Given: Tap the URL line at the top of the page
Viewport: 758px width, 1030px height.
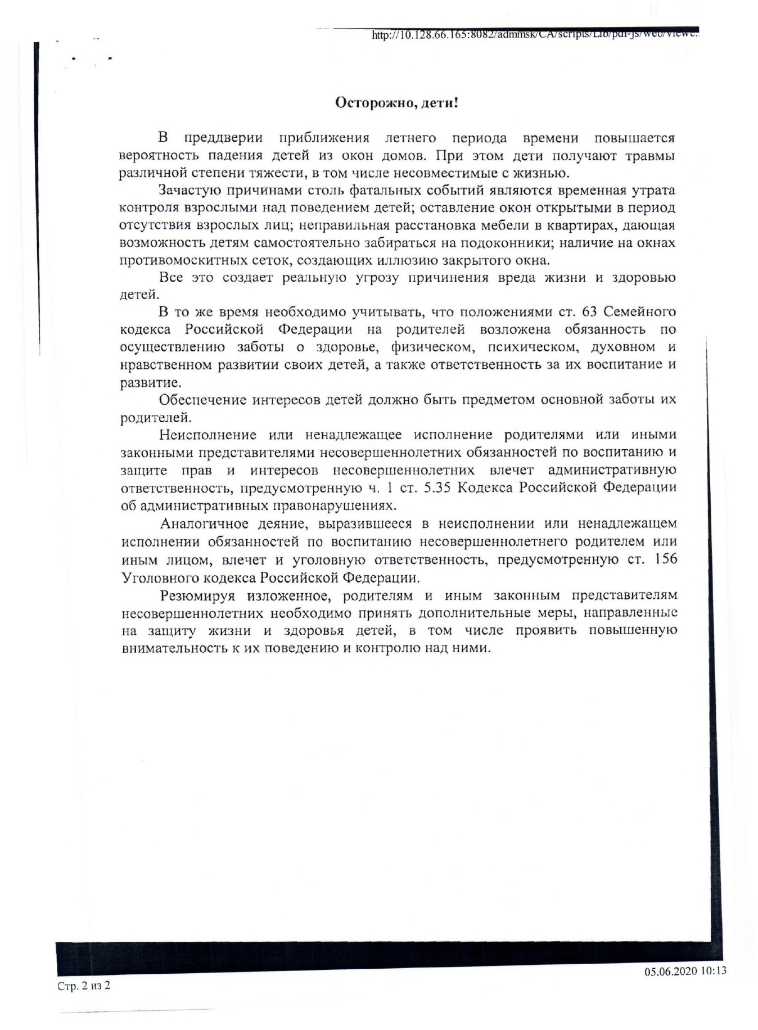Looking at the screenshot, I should point(534,34).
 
